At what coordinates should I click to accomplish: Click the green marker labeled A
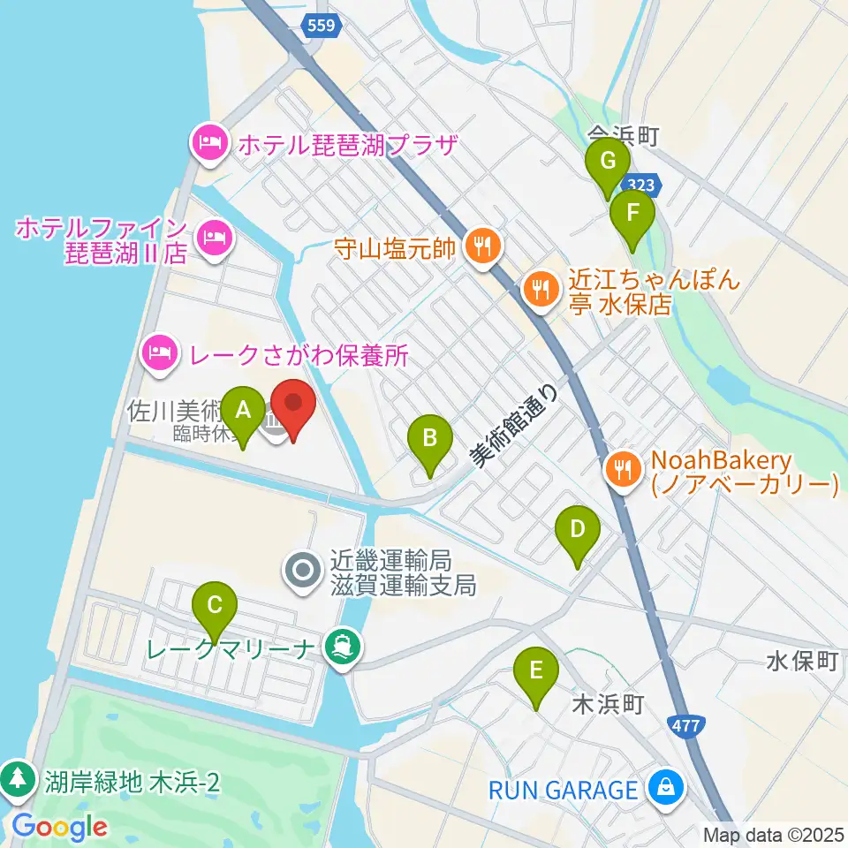pos(241,411)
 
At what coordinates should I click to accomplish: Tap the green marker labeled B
pos(430,437)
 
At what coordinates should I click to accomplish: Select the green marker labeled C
pos(215,606)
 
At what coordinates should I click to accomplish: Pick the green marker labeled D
pos(577,531)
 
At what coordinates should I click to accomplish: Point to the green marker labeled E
pos(536,671)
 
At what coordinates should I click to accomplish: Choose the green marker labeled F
pos(632,214)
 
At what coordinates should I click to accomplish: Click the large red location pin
pos(292,405)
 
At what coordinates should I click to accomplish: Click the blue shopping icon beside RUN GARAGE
pos(664,787)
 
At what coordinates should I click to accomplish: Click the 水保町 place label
pos(800,662)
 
